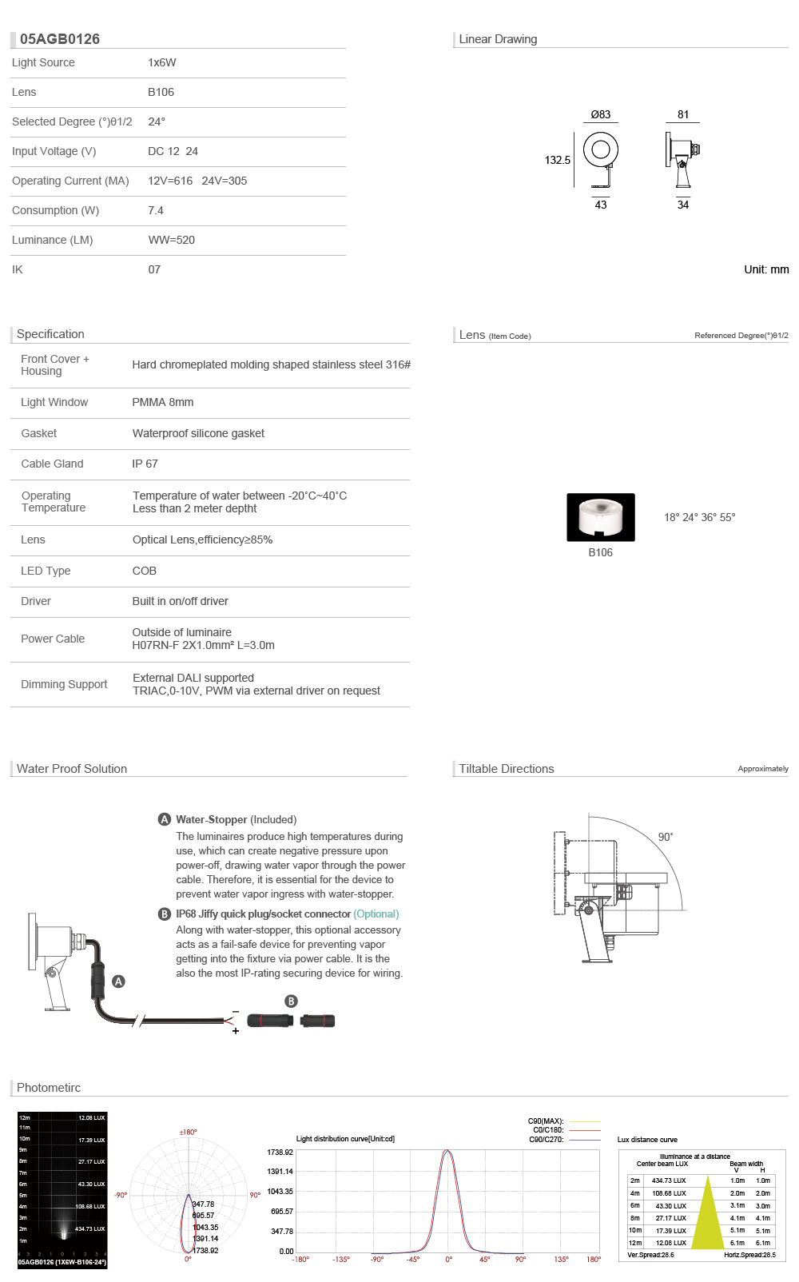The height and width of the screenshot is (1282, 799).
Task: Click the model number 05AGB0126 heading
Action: (60, 39)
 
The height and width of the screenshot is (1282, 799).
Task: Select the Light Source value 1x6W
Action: (162, 62)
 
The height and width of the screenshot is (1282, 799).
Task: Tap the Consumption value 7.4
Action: (156, 210)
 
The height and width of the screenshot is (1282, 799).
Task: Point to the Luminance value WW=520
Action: (172, 240)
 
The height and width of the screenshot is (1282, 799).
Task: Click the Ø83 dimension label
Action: (601, 114)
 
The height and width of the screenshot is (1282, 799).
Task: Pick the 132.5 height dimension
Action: (558, 160)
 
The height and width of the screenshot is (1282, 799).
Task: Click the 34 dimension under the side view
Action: (683, 205)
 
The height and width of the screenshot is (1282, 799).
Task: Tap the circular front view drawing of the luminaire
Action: (601, 149)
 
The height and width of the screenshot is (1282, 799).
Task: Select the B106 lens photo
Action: (601, 517)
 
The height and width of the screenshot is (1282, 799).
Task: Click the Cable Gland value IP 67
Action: (145, 464)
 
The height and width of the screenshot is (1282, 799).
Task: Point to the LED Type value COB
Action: (145, 571)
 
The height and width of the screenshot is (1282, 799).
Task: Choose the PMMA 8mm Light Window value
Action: (163, 402)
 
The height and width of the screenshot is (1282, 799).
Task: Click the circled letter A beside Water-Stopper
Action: (165, 819)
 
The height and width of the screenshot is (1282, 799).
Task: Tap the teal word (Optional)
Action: (376, 914)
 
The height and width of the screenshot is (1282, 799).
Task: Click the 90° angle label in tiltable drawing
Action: (666, 837)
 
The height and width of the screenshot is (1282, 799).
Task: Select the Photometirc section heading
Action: (49, 1088)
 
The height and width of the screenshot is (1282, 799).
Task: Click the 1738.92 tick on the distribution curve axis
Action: (280, 1153)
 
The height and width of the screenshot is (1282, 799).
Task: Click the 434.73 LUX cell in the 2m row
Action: (669, 1180)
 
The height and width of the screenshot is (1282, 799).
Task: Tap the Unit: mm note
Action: (766, 269)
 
